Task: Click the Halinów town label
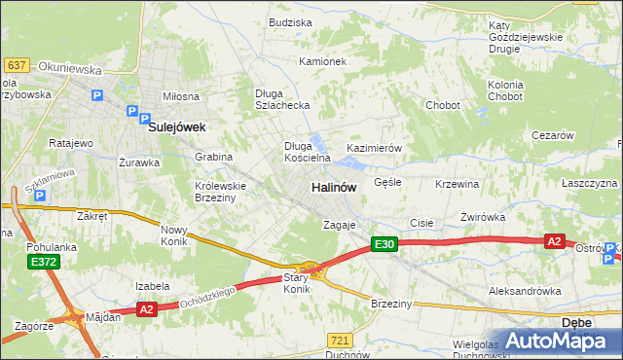pyautogui.click(x=333, y=186)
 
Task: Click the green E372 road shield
pyautogui.click(x=43, y=262)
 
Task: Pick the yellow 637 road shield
pyautogui.click(x=16, y=65)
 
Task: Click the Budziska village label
pyautogui.click(x=289, y=22)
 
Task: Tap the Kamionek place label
pyautogui.click(x=322, y=61)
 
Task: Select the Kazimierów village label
pyautogui.click(x=375, y=148)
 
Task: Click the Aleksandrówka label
pyautogui.click(x=526, y=291)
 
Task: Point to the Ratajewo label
pyautogui.click(x=70, y=143)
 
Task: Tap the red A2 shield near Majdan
pyautogui.click(x=147, y=309)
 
